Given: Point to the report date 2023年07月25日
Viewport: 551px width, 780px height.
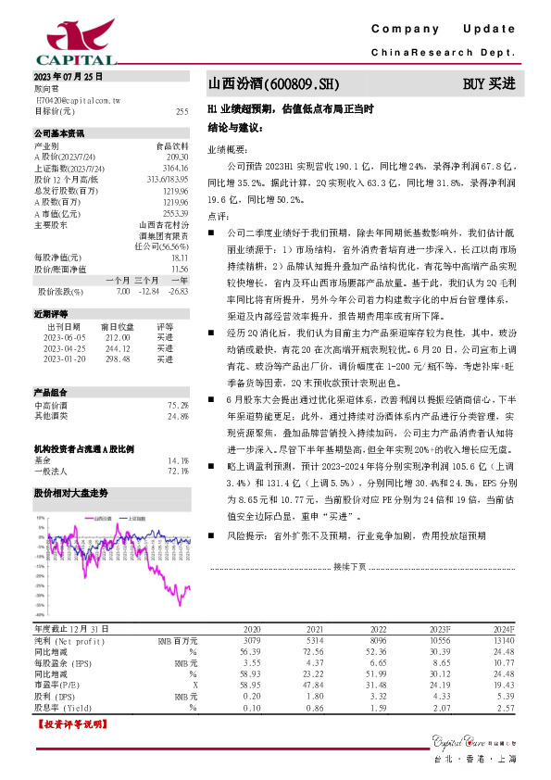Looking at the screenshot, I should coord(68,77).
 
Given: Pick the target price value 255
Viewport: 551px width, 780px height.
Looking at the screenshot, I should coord(182,111).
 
